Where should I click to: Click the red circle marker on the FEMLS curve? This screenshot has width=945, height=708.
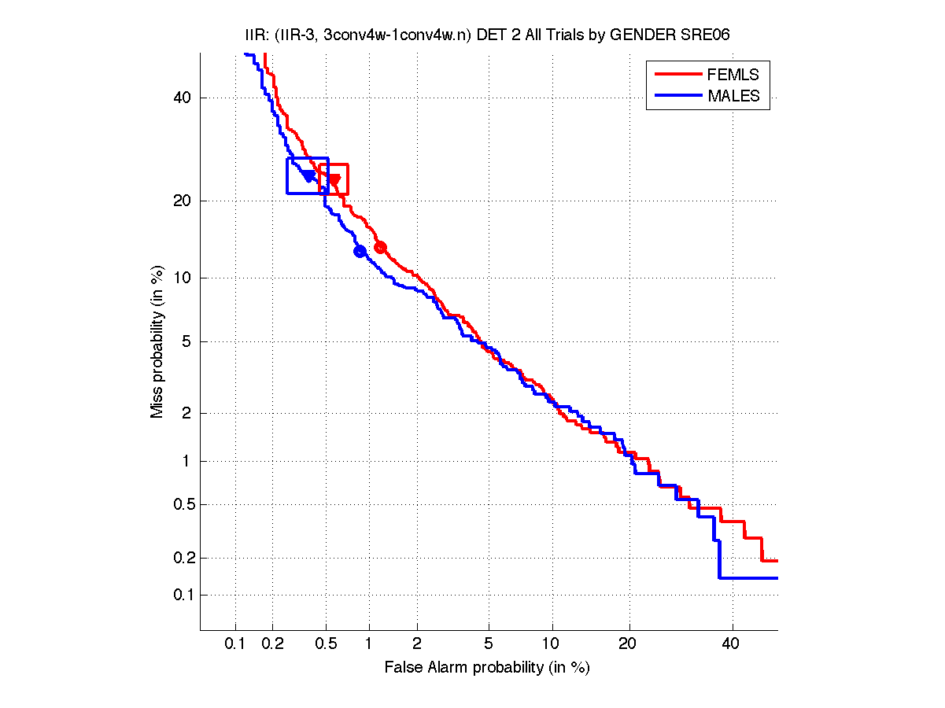[380, 247]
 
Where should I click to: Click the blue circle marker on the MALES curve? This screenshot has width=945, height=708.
[360, 252]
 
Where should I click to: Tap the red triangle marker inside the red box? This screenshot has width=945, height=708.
[334, 180]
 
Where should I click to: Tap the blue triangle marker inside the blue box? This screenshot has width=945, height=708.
[308, 176]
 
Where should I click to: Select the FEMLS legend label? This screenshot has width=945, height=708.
[733, 75]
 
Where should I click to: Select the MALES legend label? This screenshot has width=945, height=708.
[733, 96]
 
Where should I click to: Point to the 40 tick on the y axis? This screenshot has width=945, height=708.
[183, 98]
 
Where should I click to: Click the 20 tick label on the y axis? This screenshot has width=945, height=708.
[183, 201]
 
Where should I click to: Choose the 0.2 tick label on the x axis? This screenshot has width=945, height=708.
[273, 644]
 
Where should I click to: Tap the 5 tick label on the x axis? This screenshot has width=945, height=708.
[489, 644]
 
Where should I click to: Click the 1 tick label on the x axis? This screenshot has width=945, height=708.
[368, 644]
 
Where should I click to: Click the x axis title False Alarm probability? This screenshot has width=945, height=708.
[487, 668]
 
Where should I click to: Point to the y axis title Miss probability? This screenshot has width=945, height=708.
[157, 341]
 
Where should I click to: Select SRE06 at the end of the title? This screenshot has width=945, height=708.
[711, 35]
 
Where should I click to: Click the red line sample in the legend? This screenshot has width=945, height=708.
[677, 75]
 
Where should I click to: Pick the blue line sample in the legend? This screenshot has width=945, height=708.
[677, 96]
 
